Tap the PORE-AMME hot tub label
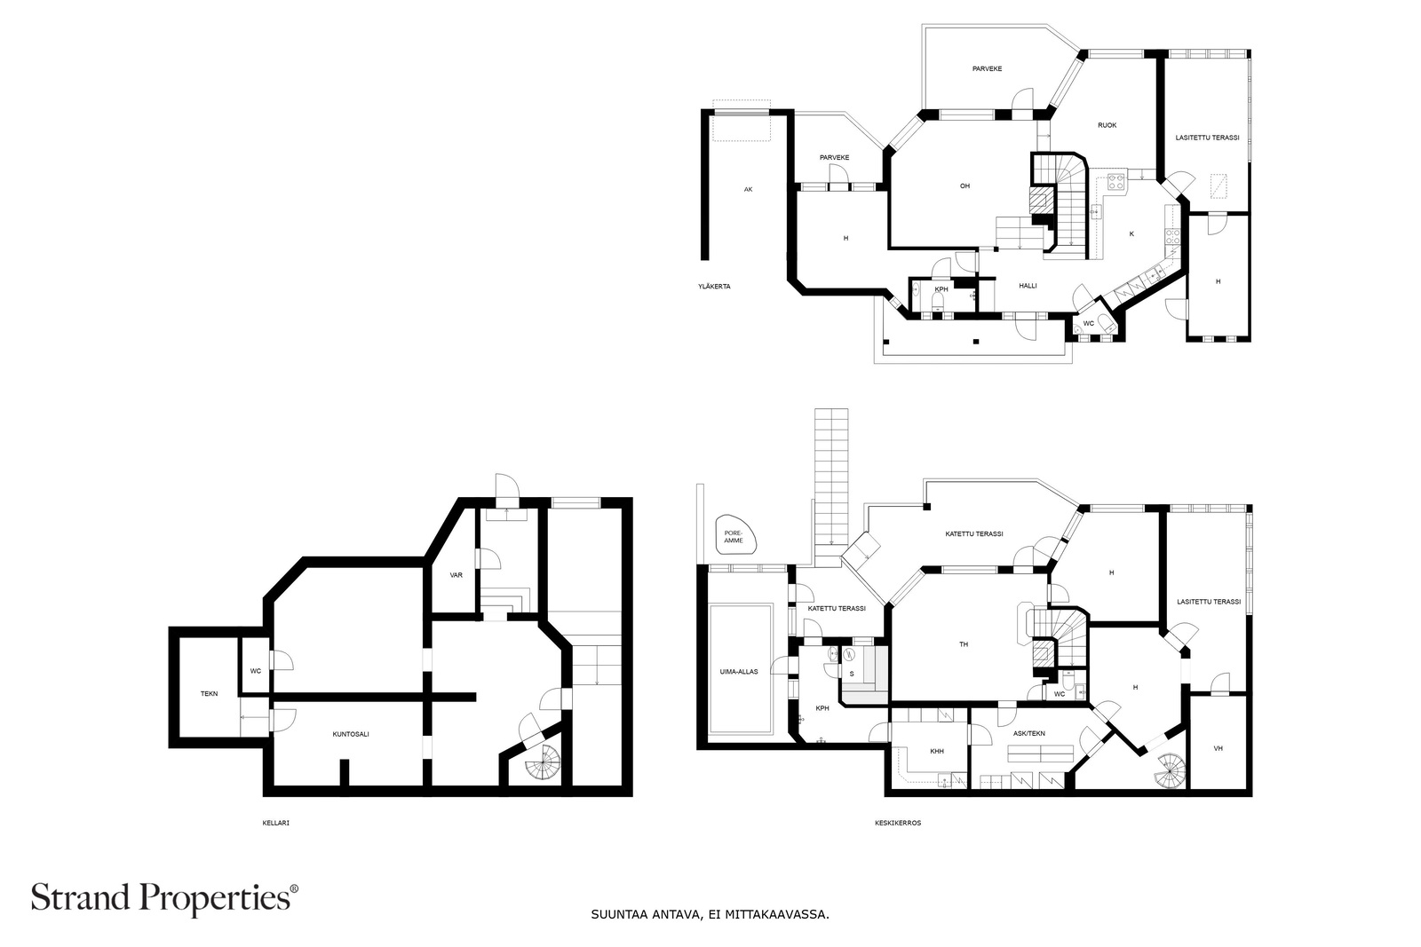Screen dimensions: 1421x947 tap(734, 537)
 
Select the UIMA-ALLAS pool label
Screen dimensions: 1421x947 tap(739, 671)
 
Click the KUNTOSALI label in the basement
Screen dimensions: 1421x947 tap(351, 734)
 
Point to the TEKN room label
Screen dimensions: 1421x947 tap(210, 693)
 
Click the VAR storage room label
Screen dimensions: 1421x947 tap(456, 575)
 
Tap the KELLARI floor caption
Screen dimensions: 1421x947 tap(276, 823)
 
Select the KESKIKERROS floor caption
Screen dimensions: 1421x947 tap(898, 823)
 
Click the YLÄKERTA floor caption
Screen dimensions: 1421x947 tap(714, 287)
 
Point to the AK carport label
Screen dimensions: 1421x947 tap(748, 189)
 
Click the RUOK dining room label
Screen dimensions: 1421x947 tap(1107, 125)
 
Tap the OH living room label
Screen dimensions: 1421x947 tap(965, 185)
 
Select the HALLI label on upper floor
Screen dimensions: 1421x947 tap(1028, 286)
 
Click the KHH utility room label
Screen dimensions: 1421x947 tap(937, 751)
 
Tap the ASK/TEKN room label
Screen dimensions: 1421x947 tap(1029, 733)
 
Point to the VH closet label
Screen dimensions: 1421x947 tap(1218, 748)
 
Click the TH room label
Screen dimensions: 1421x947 tap(964, 644)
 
